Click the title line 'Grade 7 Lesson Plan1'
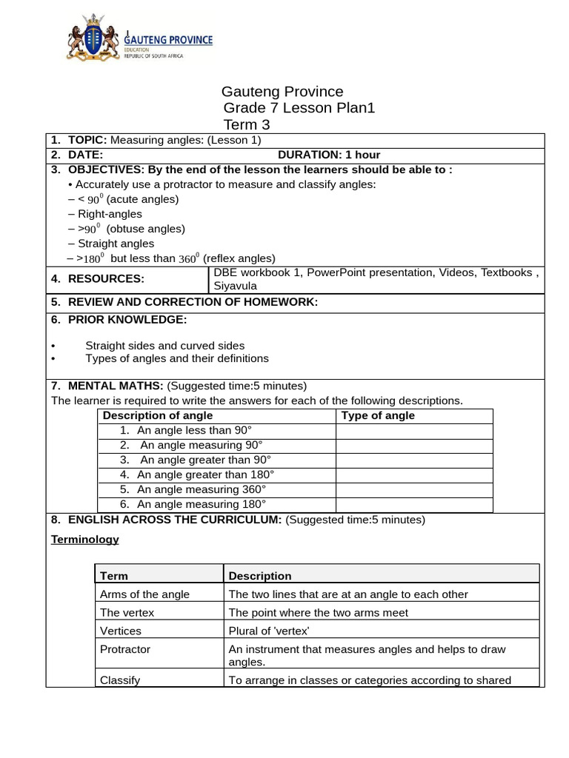(299, 108)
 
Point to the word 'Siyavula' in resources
(236, 286)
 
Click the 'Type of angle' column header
(378, 415)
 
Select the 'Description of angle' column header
(157, 415)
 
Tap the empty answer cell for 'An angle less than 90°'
(414, 431)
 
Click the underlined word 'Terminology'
(84, 540)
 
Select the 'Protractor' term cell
(125, 649)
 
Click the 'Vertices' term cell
(121, 631)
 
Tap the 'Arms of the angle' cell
(144, 594)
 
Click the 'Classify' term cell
(120, 680)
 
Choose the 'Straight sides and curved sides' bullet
(164, 346)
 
